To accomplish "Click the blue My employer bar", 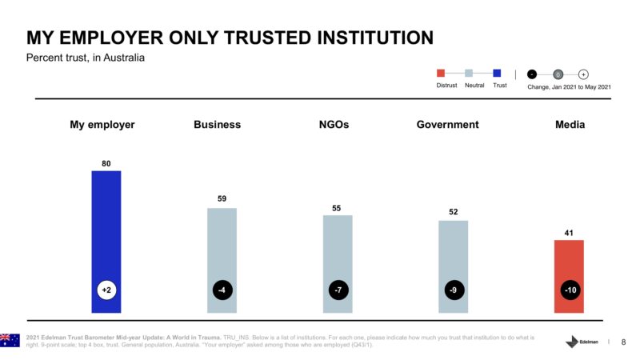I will pos(106,232).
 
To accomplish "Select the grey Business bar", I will pos(222,248).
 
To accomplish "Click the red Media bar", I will pos(569,264).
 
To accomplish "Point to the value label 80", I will pos(106,163).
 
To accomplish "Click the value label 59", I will pos(222,198).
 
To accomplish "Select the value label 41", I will pos(569,233).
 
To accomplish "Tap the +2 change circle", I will pos(106,290).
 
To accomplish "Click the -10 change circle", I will pos(569,290).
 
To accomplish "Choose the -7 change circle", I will pos(338,290).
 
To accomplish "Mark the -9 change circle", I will pos(454,290).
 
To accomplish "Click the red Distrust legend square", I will pos(441,74).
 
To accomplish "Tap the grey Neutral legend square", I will pos(470,74).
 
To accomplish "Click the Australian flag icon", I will pos(10,340).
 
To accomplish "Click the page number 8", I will pos(623,342).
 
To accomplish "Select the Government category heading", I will pos(447,125).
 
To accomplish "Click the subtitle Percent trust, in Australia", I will pos(86,58).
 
